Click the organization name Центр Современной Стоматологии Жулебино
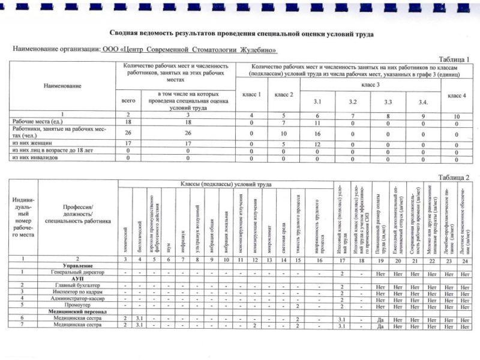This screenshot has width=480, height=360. click(189, 50)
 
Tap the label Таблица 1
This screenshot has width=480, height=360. click(454, 59)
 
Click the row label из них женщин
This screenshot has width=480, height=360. click(31, 143)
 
